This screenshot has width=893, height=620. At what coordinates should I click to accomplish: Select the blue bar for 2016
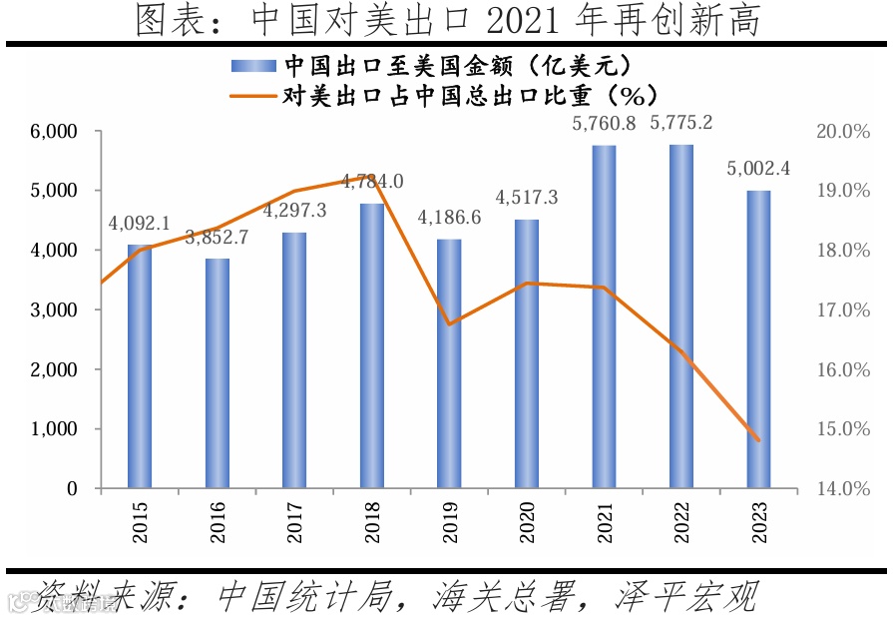point(218,373)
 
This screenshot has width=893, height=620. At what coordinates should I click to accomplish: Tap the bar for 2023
point(758,339)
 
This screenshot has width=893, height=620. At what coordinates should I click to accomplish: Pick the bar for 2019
point(449,363)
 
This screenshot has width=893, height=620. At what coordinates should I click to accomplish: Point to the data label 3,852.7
point(218,239)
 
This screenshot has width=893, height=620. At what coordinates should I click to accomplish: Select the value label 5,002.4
point(758,169)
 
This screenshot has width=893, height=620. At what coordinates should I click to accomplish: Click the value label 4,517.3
point(526,198)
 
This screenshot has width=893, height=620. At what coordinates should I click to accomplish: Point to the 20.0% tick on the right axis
point(844,131)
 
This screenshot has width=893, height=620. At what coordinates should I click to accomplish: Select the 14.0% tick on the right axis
point(844,489)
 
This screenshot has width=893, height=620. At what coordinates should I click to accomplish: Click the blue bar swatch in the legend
point(254,66)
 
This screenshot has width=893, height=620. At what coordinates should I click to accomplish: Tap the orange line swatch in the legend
point(254,97)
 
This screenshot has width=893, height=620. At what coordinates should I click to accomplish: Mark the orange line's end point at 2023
point(758,440)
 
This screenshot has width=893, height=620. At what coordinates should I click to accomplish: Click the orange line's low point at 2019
point(449,324)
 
